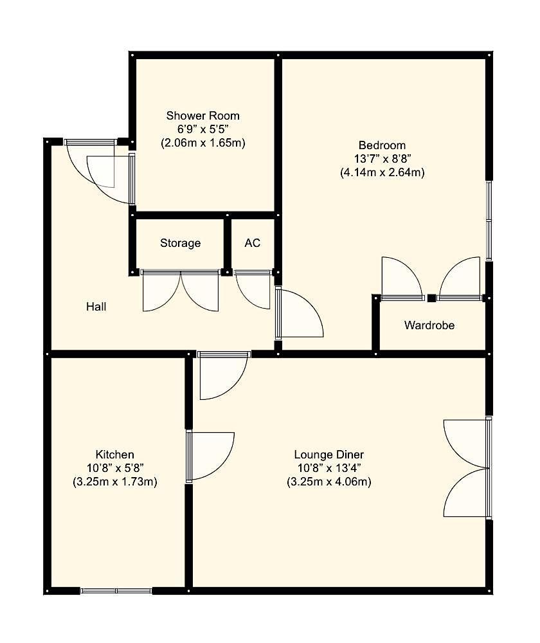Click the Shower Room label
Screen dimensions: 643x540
pos(203,116)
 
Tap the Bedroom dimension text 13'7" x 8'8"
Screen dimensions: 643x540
pos(382,159)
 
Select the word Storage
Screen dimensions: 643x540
pos(180,243)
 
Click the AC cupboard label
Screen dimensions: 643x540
pos(253,243)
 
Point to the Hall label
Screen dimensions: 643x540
pos(96,307)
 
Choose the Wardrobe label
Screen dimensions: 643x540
pos(429,325)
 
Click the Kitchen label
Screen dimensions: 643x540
pos(115,454)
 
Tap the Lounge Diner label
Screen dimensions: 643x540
pos(328,454)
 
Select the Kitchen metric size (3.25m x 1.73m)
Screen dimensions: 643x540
pos(115,481)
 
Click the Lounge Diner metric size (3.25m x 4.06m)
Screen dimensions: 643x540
pos(328,481)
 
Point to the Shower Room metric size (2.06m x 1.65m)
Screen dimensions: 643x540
pos(203,143)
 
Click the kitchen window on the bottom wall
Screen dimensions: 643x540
pos(116,590)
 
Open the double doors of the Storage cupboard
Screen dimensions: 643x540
pos(181,289)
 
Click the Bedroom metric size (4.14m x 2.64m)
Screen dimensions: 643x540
pos(382,172)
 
